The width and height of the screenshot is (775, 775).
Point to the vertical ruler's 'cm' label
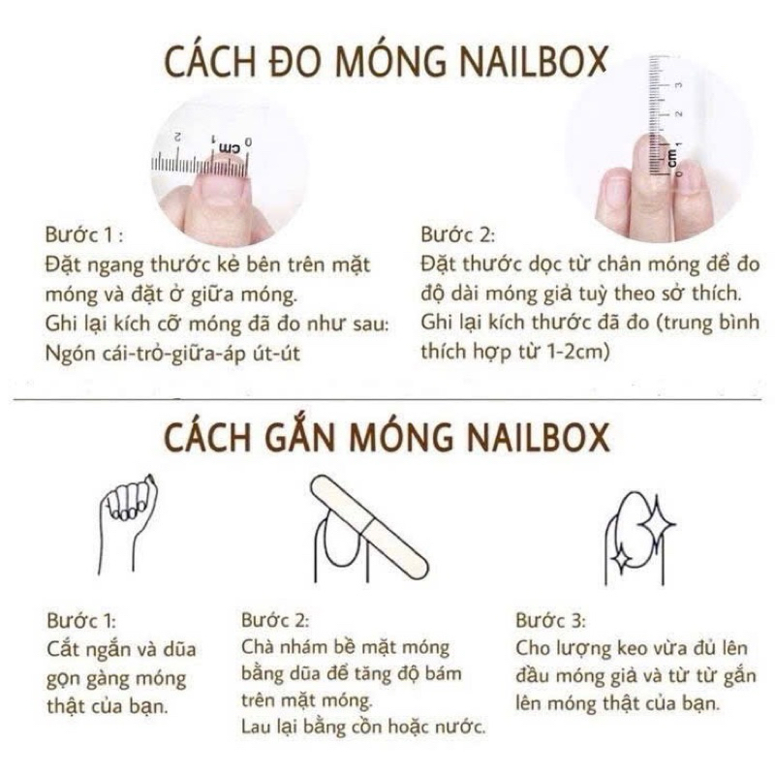[x=672, y=157]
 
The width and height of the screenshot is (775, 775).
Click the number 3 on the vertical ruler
[x=679, y=85]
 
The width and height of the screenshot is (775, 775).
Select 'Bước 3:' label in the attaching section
[x=550, y=620]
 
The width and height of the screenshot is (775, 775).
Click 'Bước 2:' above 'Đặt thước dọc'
[x=457, y=234]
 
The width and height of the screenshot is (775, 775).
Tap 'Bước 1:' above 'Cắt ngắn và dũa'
[x=81, y=620]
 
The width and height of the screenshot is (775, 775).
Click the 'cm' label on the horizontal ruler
[x=228, y=147]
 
